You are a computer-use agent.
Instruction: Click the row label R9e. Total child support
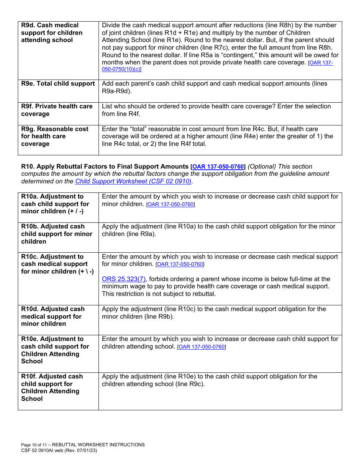[58, 84]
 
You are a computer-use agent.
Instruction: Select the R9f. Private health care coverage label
[57, 110]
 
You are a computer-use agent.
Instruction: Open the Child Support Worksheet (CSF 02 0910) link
[133, 181]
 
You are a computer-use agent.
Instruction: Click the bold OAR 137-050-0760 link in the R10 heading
[218, 167]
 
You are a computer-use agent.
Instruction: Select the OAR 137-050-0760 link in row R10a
[171, 205]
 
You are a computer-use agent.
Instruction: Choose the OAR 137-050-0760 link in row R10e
[202, 347]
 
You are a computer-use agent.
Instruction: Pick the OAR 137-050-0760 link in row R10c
[180, 264]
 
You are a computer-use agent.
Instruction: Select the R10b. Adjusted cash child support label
[56, 234]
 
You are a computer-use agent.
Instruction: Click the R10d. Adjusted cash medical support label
[53, 316]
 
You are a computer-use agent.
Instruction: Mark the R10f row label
[52, 387]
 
